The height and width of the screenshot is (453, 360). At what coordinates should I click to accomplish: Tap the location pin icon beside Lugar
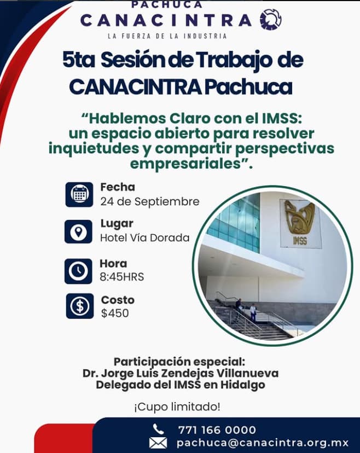coord(79,231)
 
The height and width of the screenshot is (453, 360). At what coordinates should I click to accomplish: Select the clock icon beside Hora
coord(79,270)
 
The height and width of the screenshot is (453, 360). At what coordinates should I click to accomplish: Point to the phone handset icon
coord(159,429)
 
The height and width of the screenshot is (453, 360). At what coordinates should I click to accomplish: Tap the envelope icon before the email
coord(158,443)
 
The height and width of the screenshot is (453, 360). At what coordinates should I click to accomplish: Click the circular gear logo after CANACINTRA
coord(271,20)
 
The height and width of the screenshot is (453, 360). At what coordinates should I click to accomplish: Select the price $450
coord(115,313)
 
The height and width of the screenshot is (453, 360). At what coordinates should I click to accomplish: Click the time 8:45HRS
coord(121,277)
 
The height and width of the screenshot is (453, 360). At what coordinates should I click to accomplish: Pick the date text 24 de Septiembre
coord(149,201)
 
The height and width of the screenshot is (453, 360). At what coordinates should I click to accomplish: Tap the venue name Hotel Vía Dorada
coord(144,237)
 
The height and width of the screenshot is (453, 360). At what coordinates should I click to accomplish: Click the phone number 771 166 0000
coord(217,429)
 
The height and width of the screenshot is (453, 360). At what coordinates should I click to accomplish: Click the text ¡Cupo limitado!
coord(177,407)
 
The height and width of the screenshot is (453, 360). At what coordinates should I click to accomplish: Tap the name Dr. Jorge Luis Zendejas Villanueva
coord(181,374)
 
